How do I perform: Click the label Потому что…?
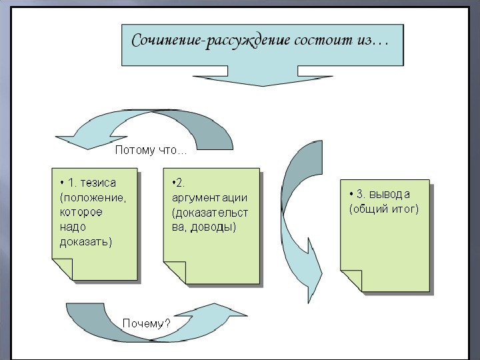151,150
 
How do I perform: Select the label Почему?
146,323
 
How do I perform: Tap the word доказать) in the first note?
86,242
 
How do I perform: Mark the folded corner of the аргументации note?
175,273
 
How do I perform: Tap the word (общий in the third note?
367,209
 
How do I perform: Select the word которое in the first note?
81,213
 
